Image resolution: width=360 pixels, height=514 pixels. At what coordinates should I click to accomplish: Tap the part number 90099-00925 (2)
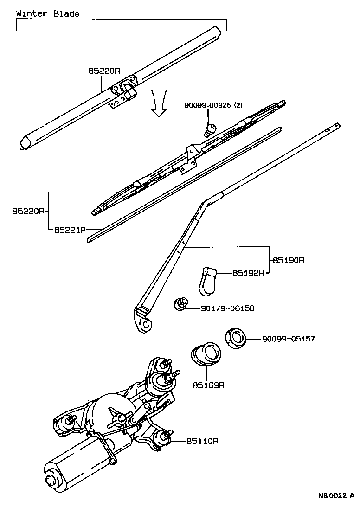point(213,106)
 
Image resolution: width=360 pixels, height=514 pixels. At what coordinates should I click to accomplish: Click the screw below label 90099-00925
point(211,128)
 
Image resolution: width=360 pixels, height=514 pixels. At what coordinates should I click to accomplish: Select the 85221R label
point(70,230)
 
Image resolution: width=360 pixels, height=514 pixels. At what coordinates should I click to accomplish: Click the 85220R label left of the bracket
point(28,211)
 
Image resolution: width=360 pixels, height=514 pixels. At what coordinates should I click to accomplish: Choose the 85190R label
point(288,260)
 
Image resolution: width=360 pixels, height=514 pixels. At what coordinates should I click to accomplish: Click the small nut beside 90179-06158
point(180,304)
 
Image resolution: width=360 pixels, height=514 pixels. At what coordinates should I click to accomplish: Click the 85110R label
point(202,441)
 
